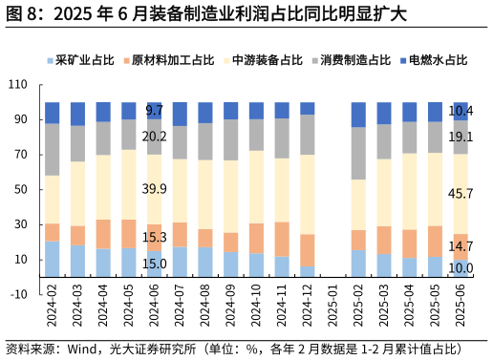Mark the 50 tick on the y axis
click(x=20, y=190)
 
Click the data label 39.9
click(x=154, y=189)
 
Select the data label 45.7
click(x=461, y=194)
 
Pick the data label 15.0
click(x=154, y=264)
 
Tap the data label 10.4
click(x=461, y=111)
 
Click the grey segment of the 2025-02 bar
click(x=358, y=154)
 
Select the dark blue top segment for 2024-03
click(x=77, y=114)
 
